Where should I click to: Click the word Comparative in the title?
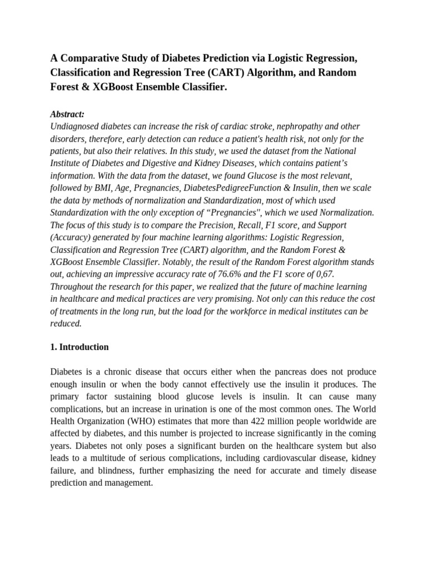tap(90, 59)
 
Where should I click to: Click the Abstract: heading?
tap(67, 114)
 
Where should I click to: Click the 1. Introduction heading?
tap(80, 347)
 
